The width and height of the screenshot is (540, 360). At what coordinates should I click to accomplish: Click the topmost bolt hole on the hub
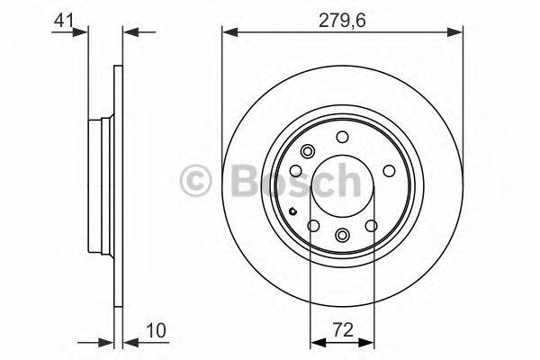342,137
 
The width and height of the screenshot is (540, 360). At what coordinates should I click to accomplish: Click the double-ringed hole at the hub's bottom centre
343,235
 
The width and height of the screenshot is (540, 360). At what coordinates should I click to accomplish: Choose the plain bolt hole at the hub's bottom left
313,226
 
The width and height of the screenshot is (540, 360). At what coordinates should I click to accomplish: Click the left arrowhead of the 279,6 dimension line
227,32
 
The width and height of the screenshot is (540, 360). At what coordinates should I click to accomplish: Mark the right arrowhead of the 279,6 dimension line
459,32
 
